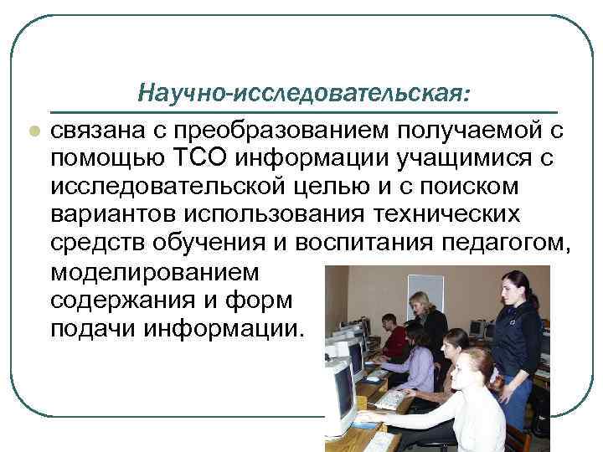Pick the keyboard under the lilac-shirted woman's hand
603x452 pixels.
click(x=388, y=399)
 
